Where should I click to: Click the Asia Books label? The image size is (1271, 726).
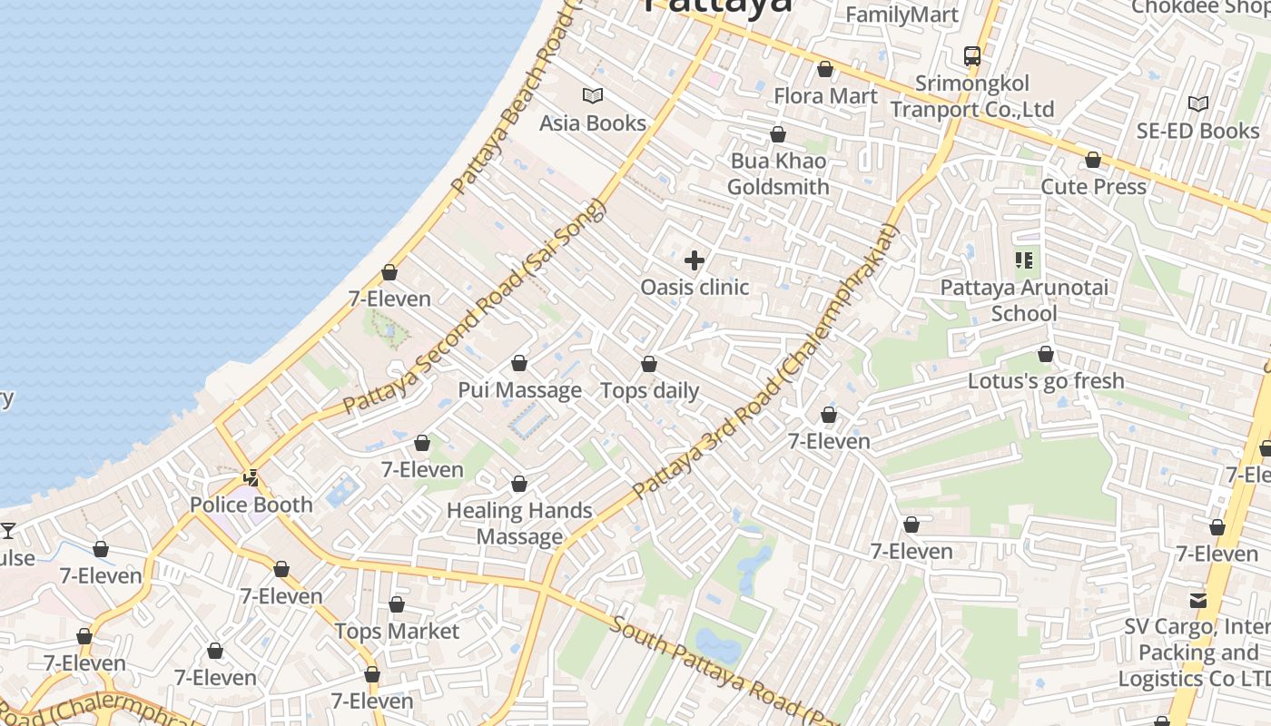coord(592,123)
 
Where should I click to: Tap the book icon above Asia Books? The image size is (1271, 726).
coord(593,95)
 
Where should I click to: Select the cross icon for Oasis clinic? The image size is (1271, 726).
coord(695,261)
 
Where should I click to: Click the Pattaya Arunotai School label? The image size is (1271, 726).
coord(1024,300)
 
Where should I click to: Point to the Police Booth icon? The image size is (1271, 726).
coord(251,477)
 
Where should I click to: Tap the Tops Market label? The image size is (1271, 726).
coord(397,632)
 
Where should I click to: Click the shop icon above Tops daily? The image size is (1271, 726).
coord(649,365)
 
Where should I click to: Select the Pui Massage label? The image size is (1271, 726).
coord(519,390)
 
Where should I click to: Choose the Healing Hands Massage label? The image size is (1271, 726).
coord(519,524)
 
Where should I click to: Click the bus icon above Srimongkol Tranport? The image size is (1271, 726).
coord(972,55)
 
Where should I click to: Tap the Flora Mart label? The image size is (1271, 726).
coord(825,96)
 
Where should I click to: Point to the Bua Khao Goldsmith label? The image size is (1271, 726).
coord(778,174)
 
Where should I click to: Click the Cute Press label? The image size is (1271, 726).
coord(1093,187)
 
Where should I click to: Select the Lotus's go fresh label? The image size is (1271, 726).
coord(1046,381)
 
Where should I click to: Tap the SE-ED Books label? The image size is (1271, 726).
coord(1197,132)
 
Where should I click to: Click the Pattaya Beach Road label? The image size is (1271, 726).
coord(514,100)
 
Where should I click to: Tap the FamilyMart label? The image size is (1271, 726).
coord(902,15)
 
